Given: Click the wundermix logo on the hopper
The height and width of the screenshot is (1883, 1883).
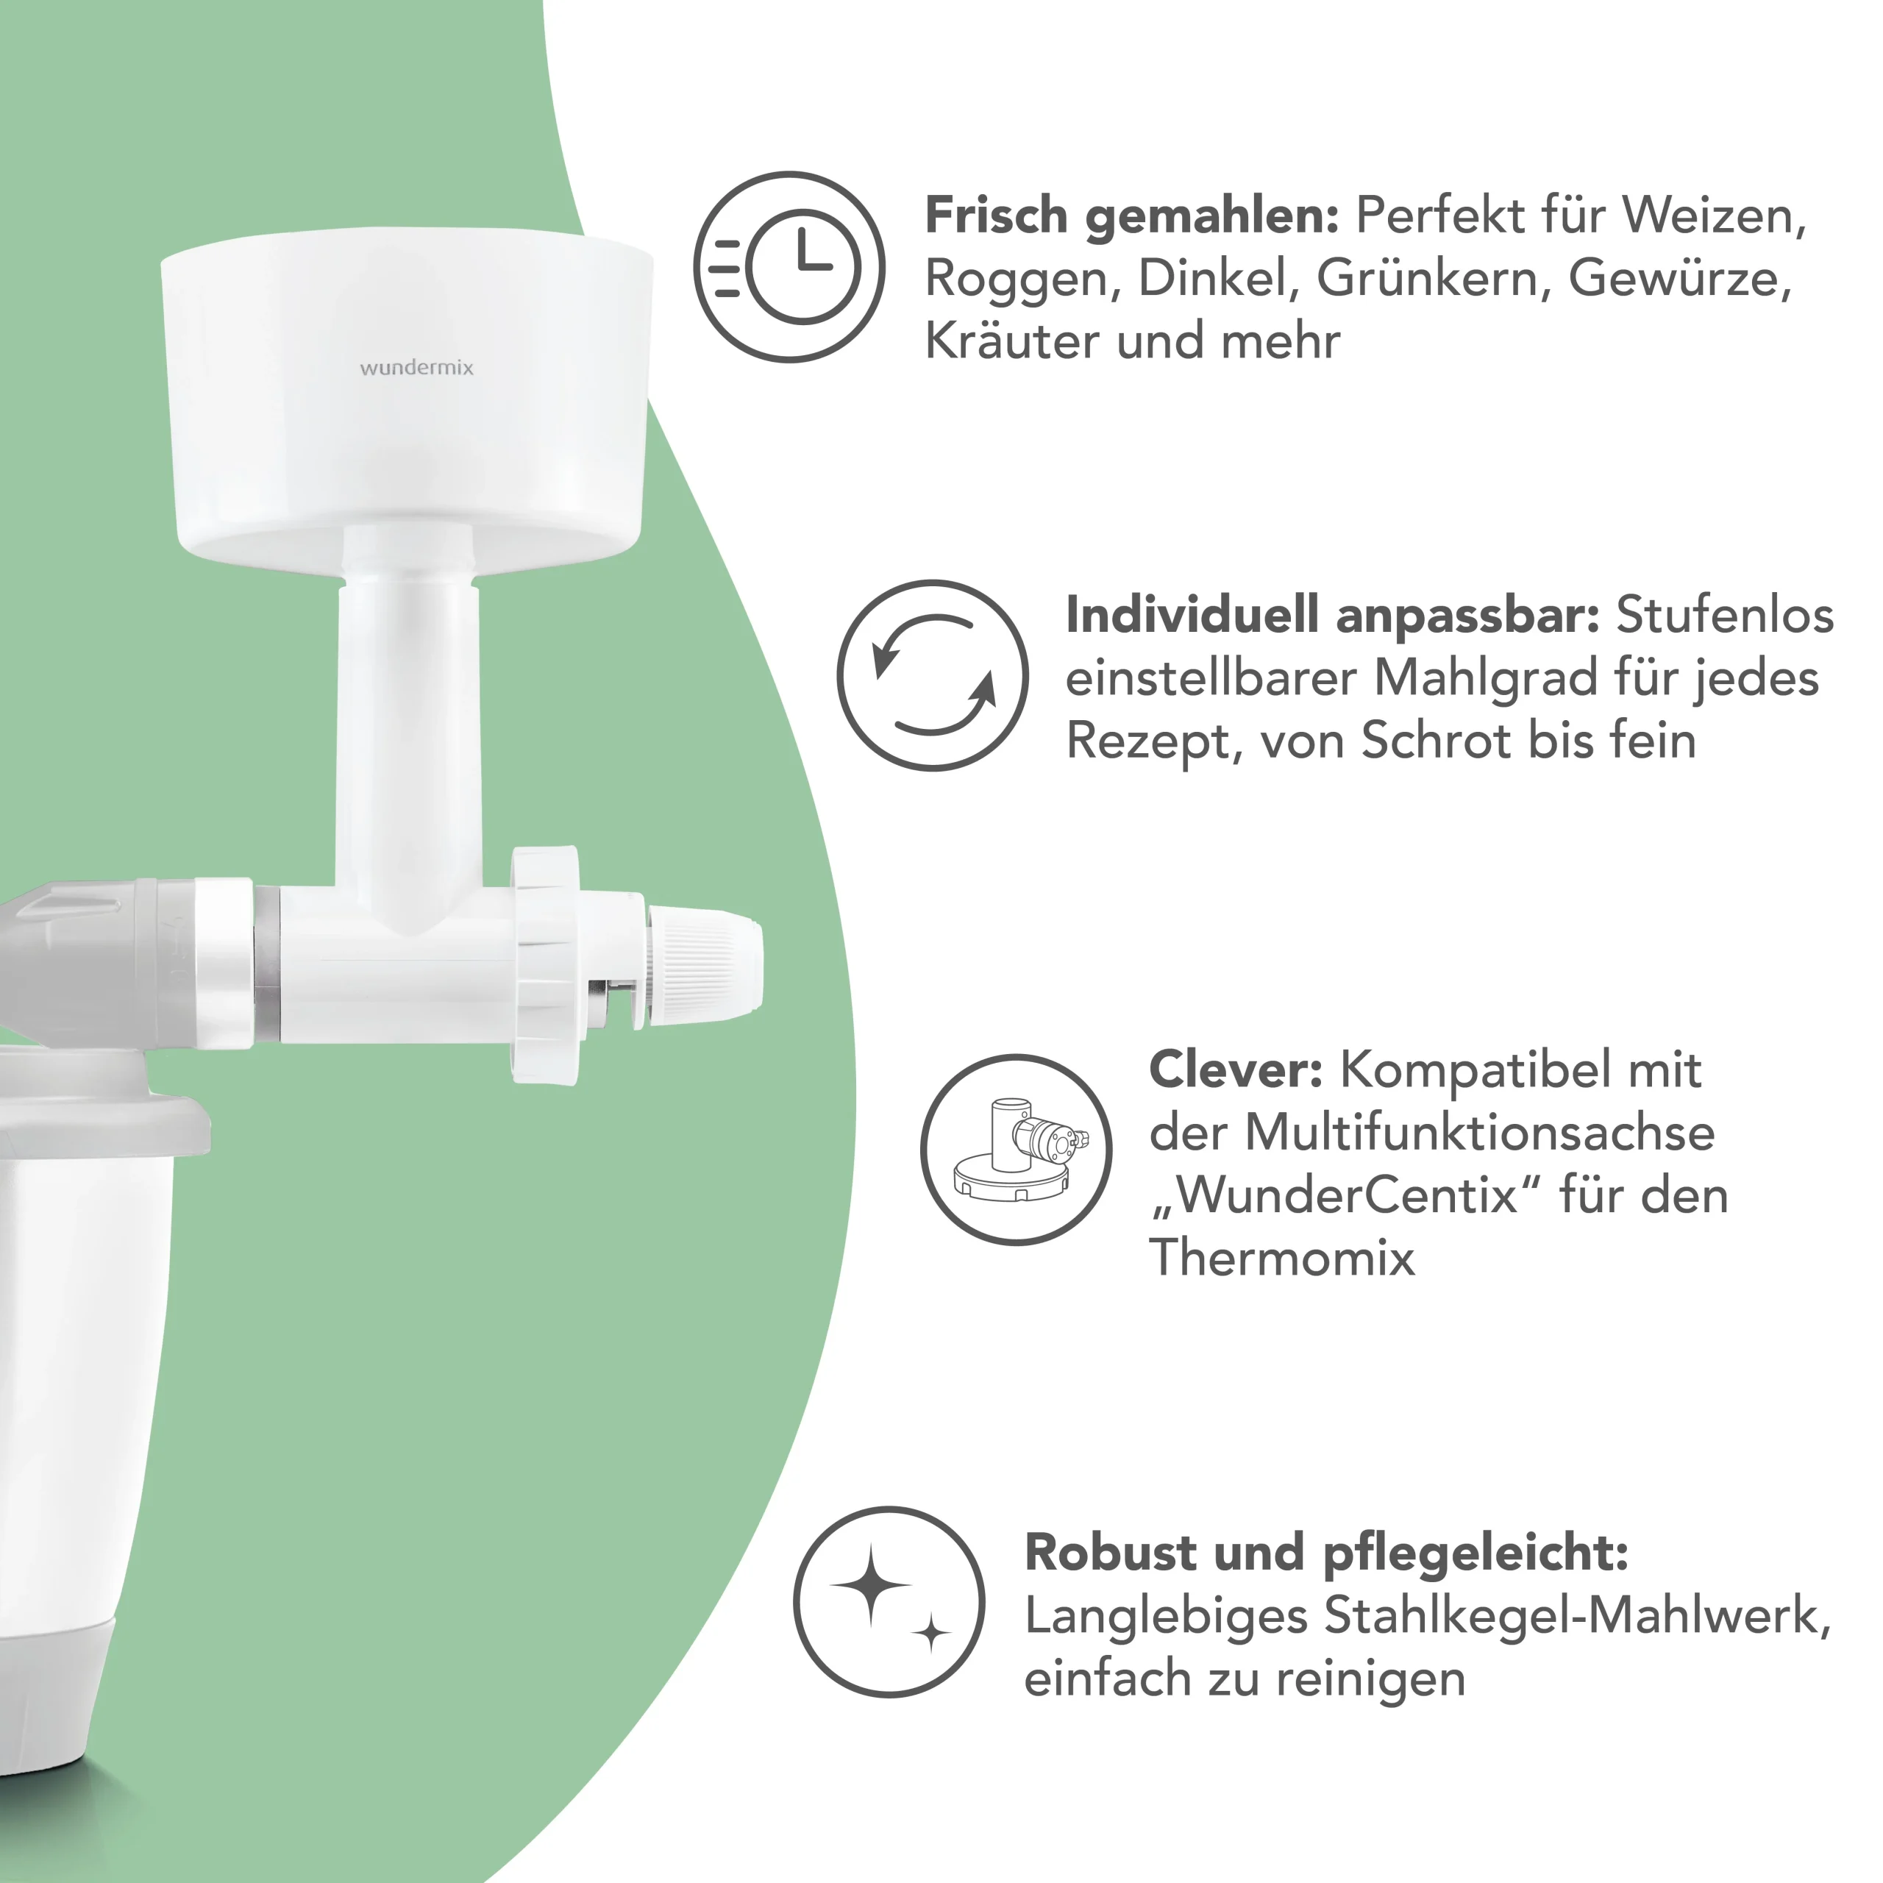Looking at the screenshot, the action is pyautogui.click(x=416, y=368).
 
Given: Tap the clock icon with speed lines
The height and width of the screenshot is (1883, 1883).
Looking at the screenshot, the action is pyautogui.click(x=789, y=267).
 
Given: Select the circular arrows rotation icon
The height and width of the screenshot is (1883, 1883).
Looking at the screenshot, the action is pyautogui.click(x=933, y=675).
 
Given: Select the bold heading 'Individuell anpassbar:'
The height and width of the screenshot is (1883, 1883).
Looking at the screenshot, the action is pyautogui.click(x=1332, y=615).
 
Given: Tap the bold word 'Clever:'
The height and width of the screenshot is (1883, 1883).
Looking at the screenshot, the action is pyautogui.click(x=1236, y=1070).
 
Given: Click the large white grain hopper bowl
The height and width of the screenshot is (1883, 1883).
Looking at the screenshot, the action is pyautogui.click(x=407, y=395).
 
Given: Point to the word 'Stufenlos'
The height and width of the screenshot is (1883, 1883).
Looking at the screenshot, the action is pyautogui.click(x=1725, y=615).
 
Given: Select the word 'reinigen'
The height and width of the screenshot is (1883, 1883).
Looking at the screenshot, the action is pyautogui.click(x=1370, y=1679).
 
